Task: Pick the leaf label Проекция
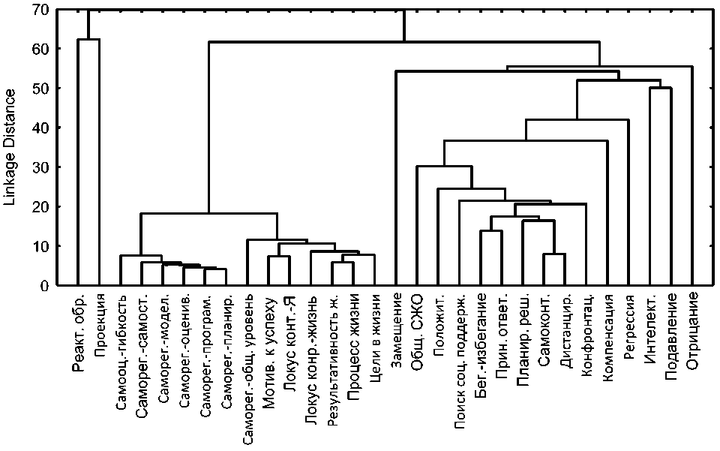tap(99, 323)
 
